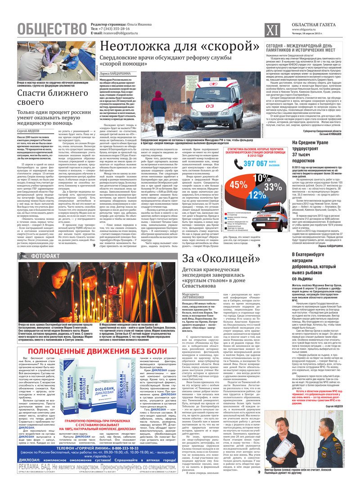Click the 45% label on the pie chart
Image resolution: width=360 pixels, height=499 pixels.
(238, 185)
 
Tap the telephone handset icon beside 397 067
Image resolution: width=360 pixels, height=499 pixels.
(238, 163)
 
